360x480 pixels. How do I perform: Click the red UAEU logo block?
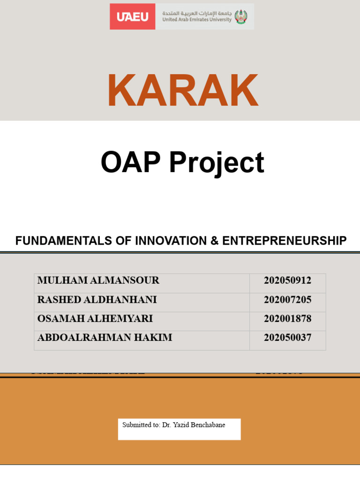coord(133,17)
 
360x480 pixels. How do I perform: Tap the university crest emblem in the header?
coord(241,17)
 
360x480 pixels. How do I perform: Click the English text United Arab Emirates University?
coord(197,20)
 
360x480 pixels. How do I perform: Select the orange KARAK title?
coord(182,90)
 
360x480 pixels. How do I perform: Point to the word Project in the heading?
coord(217,164)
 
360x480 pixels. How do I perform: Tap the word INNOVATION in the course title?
coord(171,241)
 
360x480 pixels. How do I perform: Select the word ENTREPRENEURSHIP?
coord(285,241)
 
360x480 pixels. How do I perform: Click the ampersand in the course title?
coord(214,241)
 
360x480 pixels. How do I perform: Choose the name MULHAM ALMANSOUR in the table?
coord(98,281)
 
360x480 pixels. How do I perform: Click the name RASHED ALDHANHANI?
coord(97,300)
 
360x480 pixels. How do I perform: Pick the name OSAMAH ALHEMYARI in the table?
coord(95,319)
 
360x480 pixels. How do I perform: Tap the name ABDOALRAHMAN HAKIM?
coord(105,337)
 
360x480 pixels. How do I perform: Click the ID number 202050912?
coord(287,281)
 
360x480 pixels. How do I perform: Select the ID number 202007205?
coord(287,300)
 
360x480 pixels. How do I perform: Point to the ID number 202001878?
coord(287,319)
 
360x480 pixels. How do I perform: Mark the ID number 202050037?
coord(287,337)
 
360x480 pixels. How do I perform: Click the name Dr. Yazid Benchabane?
coord(194,425)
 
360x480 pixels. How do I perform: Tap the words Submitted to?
coord(141,425)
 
